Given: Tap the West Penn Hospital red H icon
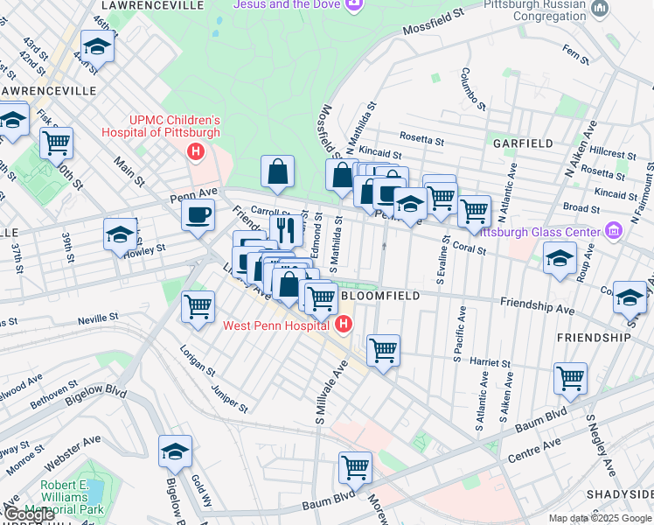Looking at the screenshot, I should click(344, 325).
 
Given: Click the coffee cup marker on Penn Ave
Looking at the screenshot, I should click(198, 214).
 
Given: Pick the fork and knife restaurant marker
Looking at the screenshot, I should click(287, 229).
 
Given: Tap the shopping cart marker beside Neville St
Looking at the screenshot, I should click(198, 307).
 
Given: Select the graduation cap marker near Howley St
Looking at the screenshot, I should click(120, 234).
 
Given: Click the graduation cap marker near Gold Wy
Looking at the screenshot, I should click(175, 451).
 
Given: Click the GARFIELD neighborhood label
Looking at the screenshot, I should click(522, 143).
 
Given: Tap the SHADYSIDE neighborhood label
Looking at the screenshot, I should click(620, 494).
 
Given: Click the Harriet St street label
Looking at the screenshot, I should click(490, 362).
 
